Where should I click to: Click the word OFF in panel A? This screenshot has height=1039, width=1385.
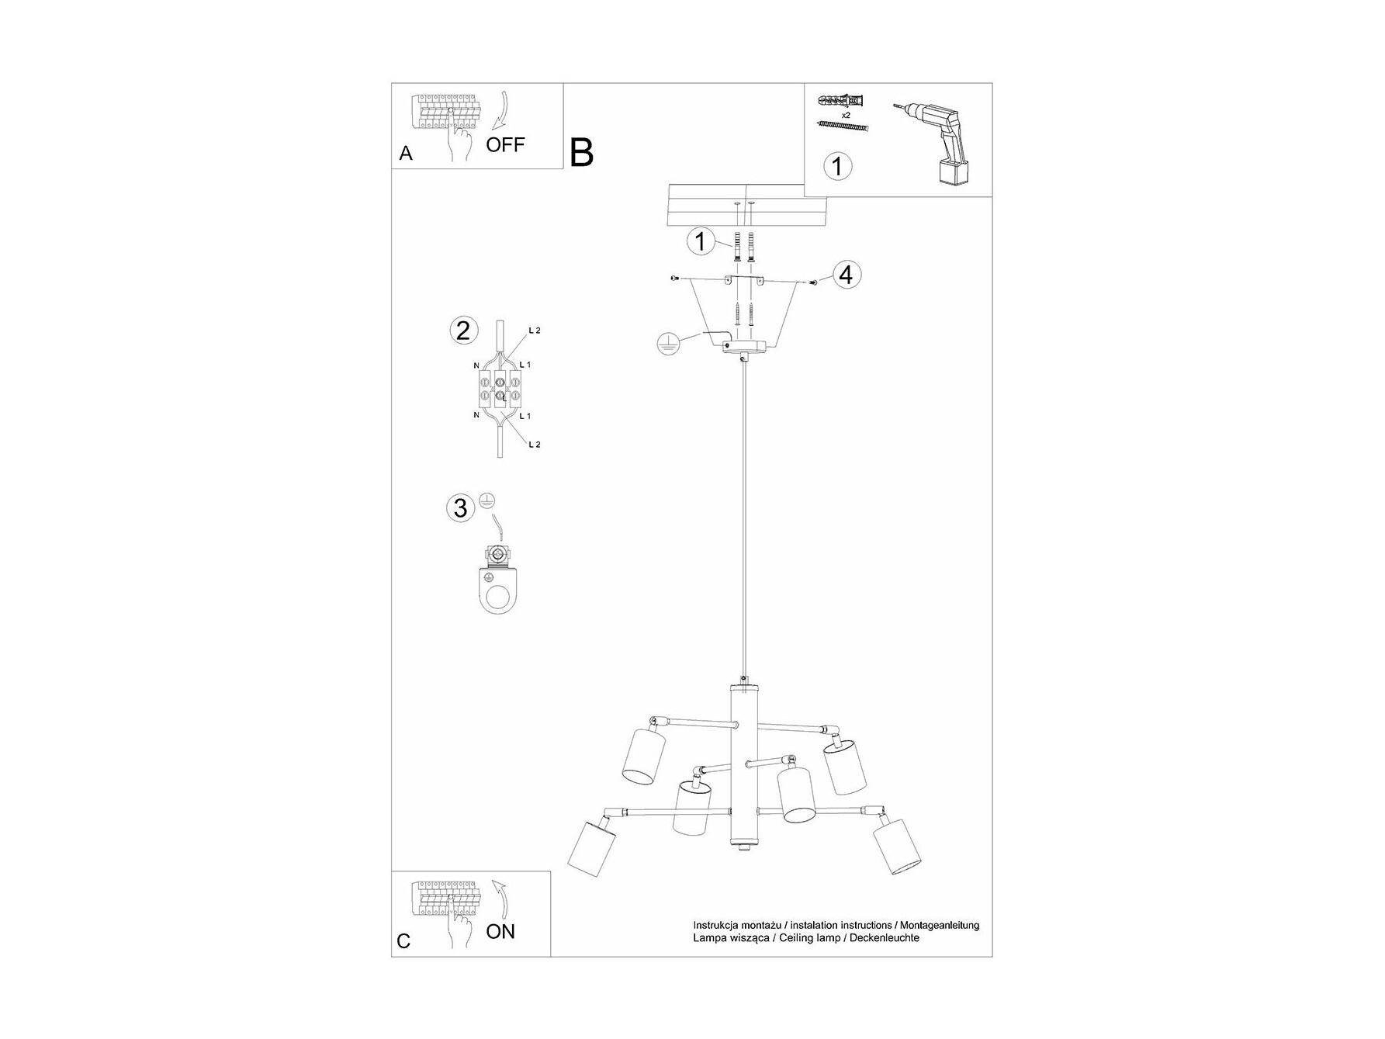tap(505, 144)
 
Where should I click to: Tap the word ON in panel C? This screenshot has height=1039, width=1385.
tap(500, 931)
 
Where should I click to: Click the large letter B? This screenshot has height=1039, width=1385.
tap(582, 153)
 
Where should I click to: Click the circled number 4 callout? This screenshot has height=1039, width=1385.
tap(847, 275)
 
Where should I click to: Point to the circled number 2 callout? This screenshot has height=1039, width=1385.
tap(463, 331)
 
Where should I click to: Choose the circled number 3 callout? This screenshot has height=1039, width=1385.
tap(461, 508)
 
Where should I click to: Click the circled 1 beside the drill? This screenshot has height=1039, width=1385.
tap(836, 166)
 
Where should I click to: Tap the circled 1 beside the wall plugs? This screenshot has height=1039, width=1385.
tap(701, 241)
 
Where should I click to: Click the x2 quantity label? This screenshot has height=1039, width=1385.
tap(845, 114)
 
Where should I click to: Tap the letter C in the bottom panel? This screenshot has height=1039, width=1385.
tap(403, 941)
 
